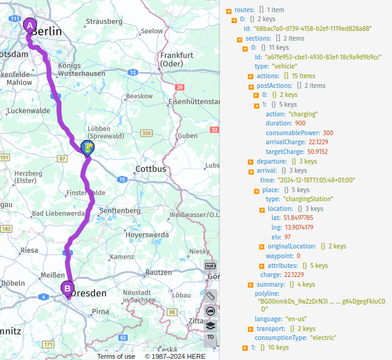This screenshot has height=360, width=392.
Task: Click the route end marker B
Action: point(67,288)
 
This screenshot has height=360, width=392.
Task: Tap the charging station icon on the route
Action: point(88,147)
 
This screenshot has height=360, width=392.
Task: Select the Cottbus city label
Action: point(151,168)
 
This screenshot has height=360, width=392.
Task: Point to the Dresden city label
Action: point(88,293)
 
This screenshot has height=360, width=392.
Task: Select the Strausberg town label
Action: point(104,21)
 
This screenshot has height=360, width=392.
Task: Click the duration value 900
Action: point(300,123)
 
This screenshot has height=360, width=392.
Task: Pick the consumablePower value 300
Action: point(328,133)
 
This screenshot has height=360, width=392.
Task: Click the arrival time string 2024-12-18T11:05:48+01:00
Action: point(316,180)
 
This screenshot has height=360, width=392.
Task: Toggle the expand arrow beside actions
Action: point(251,76)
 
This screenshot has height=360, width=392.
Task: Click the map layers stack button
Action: point(210,325)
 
